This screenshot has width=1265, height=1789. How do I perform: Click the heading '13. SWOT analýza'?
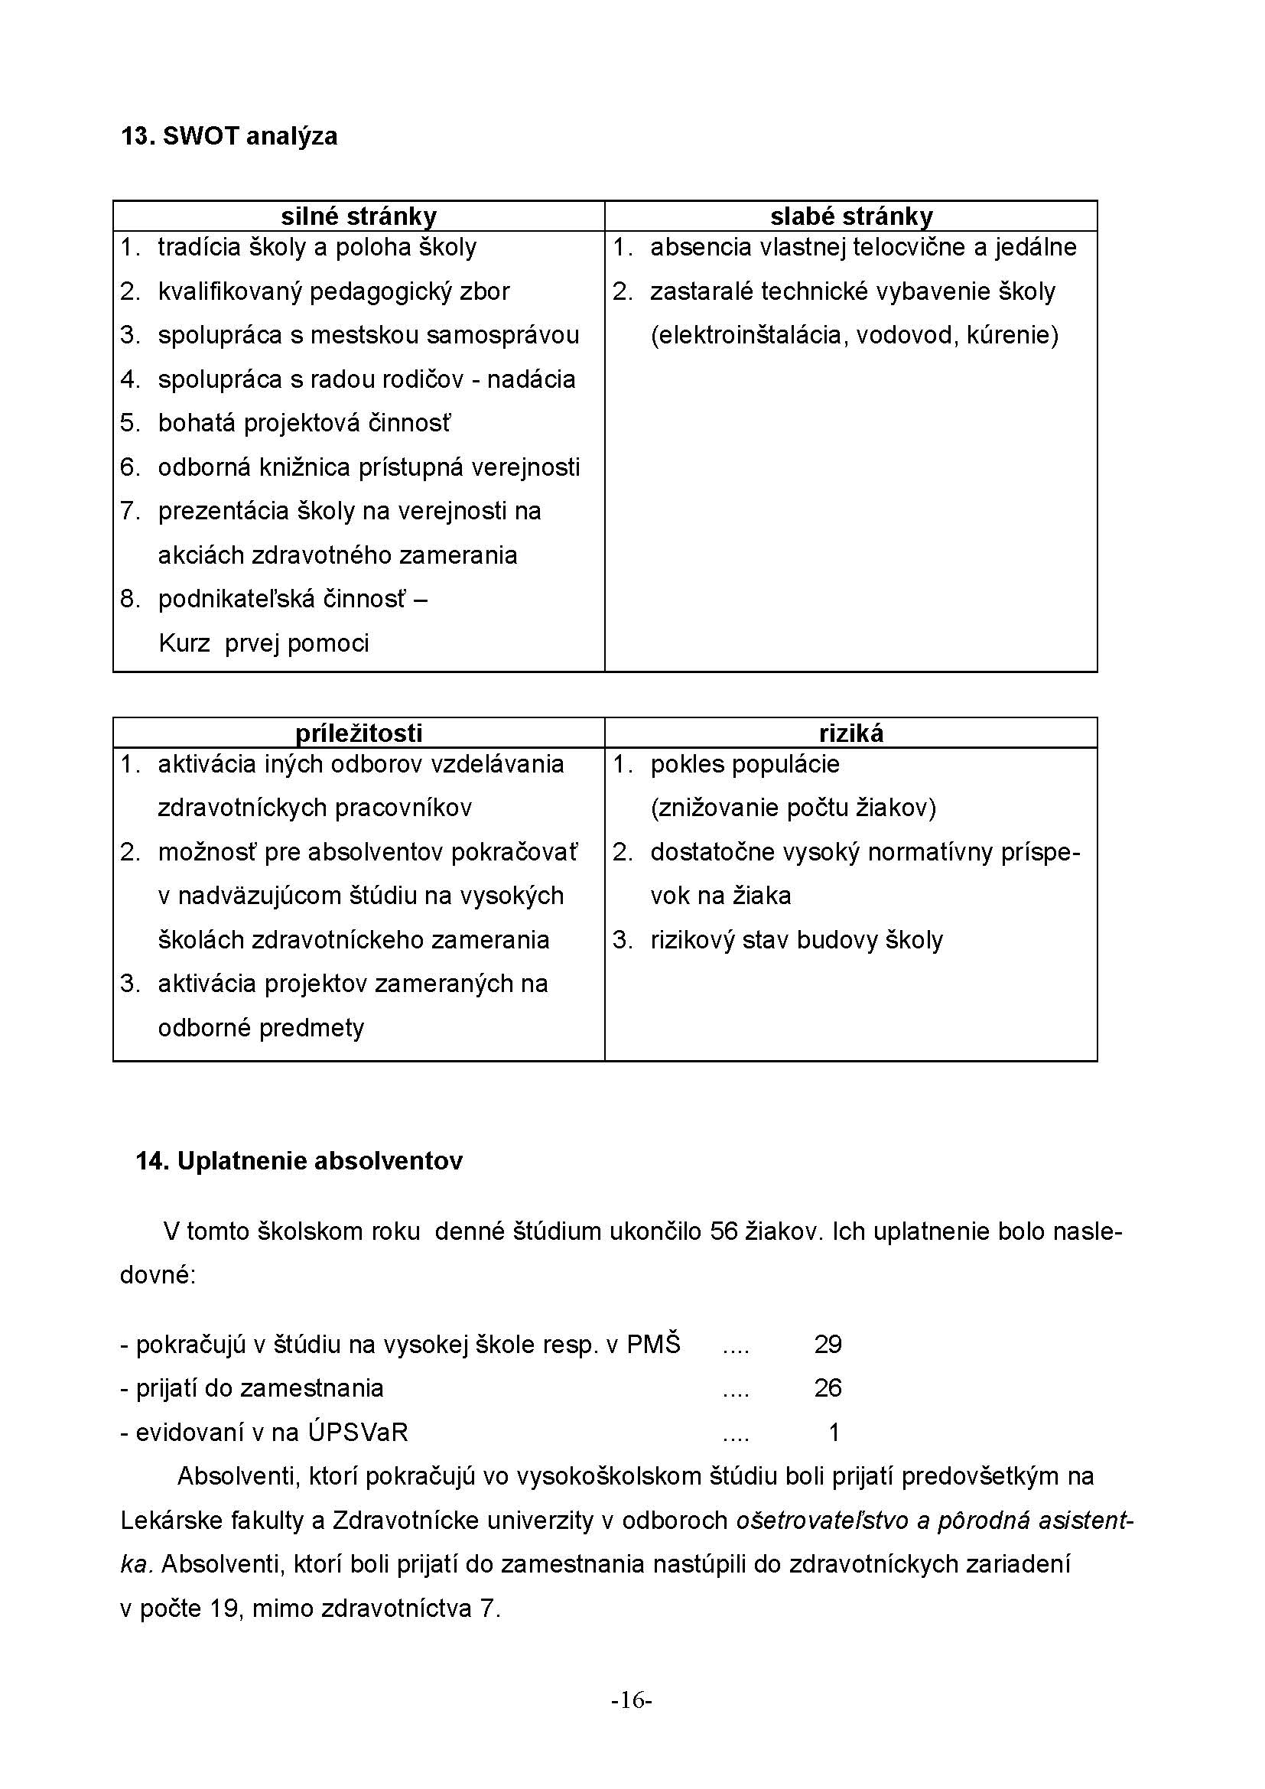(229, 136)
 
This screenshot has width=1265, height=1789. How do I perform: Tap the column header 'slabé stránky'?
(850, 216)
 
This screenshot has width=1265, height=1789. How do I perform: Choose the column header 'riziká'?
(850, 733)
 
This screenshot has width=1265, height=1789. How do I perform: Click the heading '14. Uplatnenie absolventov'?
(299, 1161)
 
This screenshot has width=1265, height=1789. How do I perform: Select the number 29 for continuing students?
(828, 1344)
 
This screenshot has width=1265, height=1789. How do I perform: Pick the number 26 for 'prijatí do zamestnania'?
(828, 1387)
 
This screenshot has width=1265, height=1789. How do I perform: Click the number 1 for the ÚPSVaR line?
(834, 1432)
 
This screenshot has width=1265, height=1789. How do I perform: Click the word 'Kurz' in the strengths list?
(184, 643)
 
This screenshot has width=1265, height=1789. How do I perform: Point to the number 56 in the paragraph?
(724, 1232)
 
